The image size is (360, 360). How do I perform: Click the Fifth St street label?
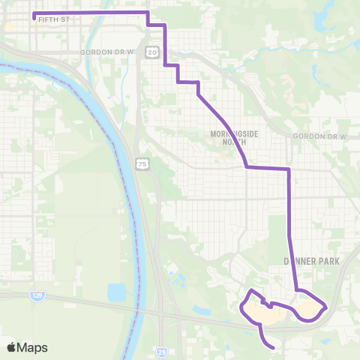tap(53, 19)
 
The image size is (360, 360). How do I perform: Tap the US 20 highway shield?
tap(152, 52)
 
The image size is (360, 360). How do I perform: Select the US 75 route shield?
tap(142, 163)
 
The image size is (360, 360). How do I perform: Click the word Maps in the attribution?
tap(33, 347)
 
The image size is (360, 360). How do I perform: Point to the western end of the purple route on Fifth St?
tap(34, 13)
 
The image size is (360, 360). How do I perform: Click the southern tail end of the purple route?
tap(272, 347)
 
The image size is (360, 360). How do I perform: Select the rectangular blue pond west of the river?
tap(117, 292)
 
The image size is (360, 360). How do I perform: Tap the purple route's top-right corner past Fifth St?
tap(148, 13)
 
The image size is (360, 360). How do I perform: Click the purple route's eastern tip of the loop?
tap(325, 306)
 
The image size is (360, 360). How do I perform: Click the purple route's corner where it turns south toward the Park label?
tap(289, 169)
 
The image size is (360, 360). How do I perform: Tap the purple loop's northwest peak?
tap(253, 291)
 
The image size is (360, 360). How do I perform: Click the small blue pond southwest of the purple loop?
tap(201, 310)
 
